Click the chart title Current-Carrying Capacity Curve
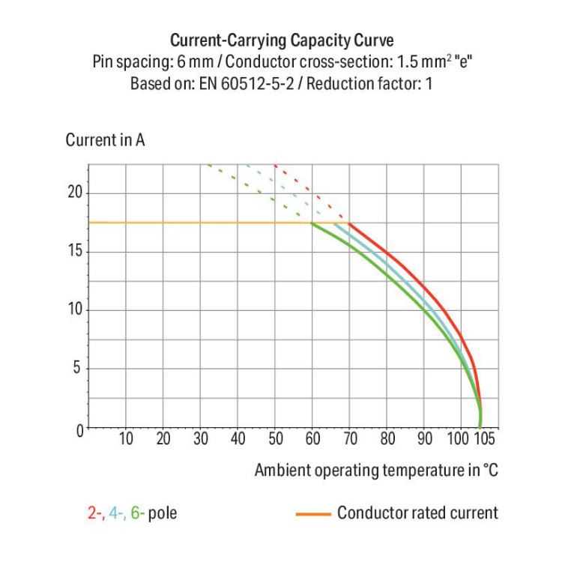(x=282, y=40)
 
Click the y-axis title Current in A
(x=105, y=140)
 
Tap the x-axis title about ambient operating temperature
(x=375, y=471)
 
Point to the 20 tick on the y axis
(x=74, y=193)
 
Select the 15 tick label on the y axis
(x=74, y=251)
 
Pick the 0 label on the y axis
(x=77, y=429)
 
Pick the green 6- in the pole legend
(x=138, y=513)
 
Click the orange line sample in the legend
(x=313, y=514)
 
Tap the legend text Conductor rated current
(x=417, y=513)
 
